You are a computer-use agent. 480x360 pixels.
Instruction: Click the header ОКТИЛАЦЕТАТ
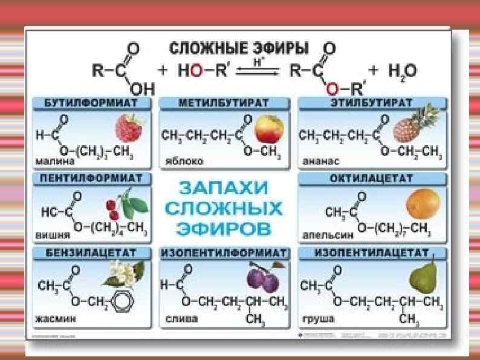[x=371, y=179]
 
